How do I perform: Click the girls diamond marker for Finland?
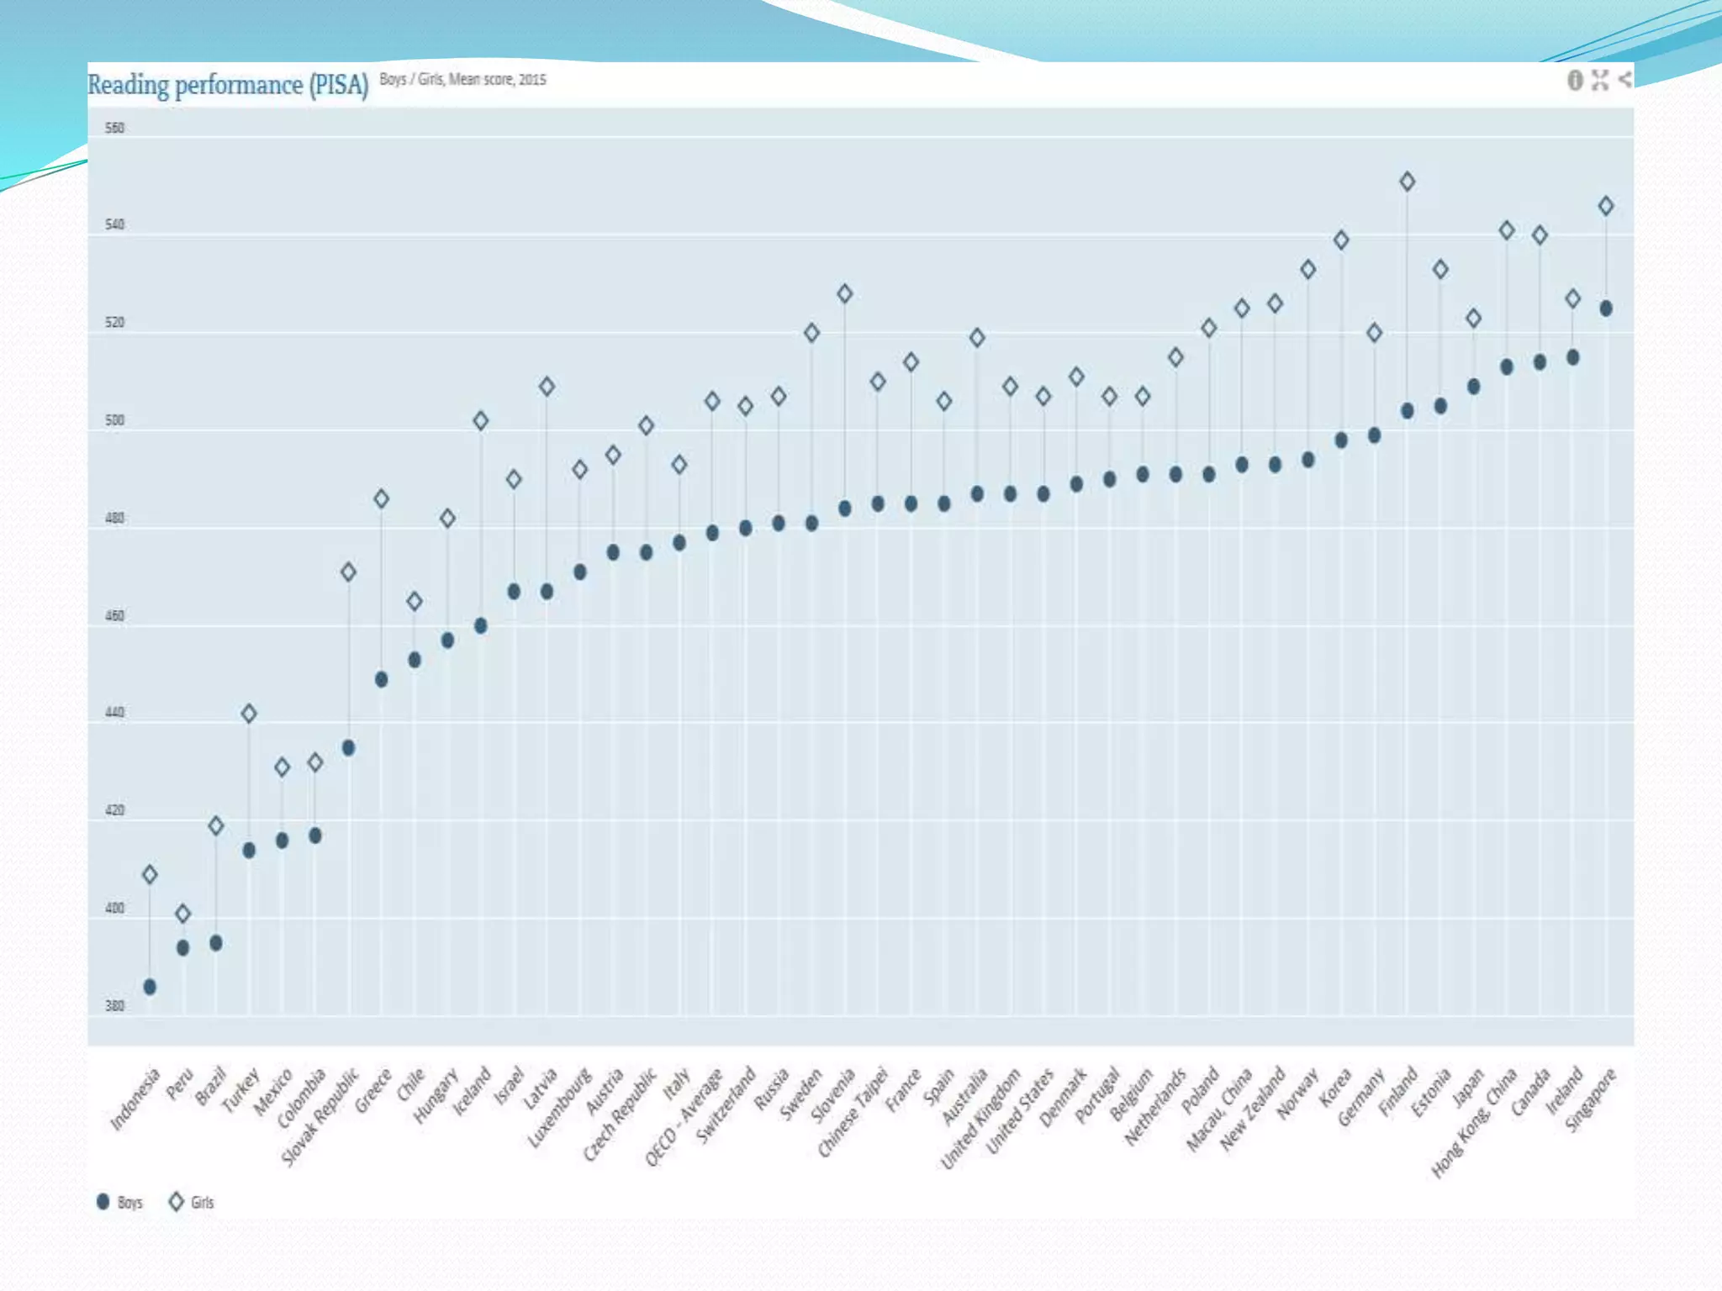coord(1407,182)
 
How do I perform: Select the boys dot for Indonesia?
coord(150,987)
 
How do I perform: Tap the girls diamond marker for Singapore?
coord(1605,206)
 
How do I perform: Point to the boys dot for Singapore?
coord(1605,308)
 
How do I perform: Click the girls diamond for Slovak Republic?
coord(348,572)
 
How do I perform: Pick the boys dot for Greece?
coord(381,679)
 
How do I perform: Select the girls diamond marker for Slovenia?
coord(844,294)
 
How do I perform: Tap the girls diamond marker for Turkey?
coord(249,714)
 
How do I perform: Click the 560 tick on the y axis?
coord(114,129)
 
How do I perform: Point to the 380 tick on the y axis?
coord(114,1006)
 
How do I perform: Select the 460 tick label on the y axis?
coord(114,616)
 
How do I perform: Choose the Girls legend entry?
coord(192,1202)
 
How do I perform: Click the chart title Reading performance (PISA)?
coord(228,85)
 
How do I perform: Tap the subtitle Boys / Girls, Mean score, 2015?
coord(462,80)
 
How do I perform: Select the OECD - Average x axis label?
coord(684,1118)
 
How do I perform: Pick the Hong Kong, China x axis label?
coord(1474,1122)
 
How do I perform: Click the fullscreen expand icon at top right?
coord(1600,81)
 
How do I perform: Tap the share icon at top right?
coord(1624,80)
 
